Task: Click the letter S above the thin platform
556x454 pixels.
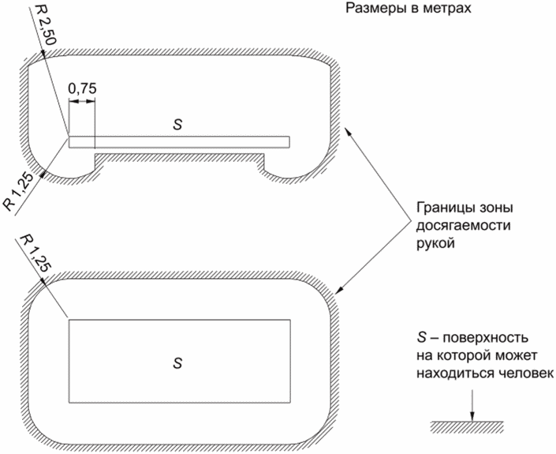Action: click(x=177, y=125)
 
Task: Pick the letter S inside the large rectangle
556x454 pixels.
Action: click(x=177, y=362)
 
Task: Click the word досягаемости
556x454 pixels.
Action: click(x=455, y=228)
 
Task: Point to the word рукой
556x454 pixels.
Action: click(x=432, y=244)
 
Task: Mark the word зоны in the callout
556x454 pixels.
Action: click(x=489, y=212)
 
